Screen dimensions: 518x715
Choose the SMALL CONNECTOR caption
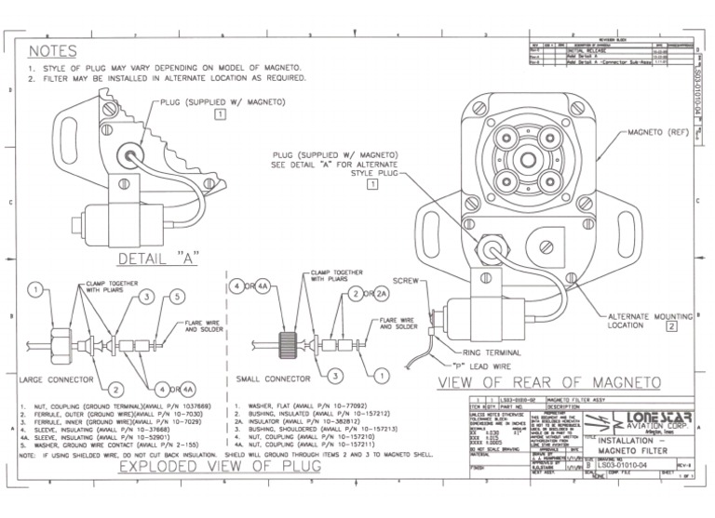(x=271, y=380)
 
